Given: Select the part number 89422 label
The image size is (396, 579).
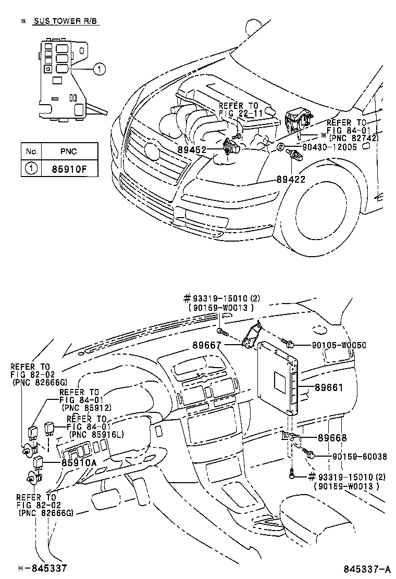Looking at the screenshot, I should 290,179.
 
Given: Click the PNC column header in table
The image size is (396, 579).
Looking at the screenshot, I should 68,152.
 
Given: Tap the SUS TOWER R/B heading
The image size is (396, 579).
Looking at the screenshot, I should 66,21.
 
